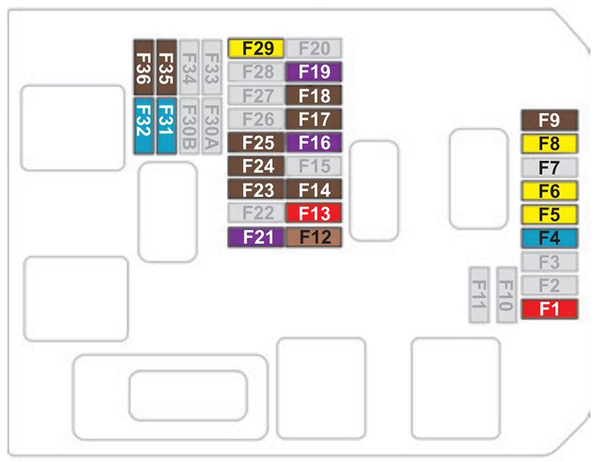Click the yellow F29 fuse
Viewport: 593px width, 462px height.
click(x=256, y=49)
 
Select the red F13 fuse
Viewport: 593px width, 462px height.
click(x=314, y=213)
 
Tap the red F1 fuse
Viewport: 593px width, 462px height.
click(x=549, y=309)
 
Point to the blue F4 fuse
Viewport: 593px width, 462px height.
click(x=549, y=238)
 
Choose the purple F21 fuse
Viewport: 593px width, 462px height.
click(x=256, y=237)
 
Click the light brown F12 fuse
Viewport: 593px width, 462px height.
click(x=314, y=237)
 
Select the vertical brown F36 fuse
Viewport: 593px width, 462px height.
click(x=143, y=67)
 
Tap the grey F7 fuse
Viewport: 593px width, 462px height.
click(x=549, y=167)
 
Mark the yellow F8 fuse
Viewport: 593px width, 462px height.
click(x=549, y=143)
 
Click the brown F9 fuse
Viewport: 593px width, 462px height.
click(x=549, y=119)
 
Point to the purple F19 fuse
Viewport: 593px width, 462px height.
click(x=314, y=72)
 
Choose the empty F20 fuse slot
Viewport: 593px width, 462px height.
click(x=314, y=49)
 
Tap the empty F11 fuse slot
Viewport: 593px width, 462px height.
click(x=479, y=295)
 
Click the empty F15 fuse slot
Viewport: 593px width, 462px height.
click(x=314, y=166)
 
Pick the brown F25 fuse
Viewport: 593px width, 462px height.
click(x=256, y=142)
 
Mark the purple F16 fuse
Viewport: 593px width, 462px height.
click(x=314, y=142)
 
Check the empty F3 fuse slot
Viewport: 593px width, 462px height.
click(x=549, y=261)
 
